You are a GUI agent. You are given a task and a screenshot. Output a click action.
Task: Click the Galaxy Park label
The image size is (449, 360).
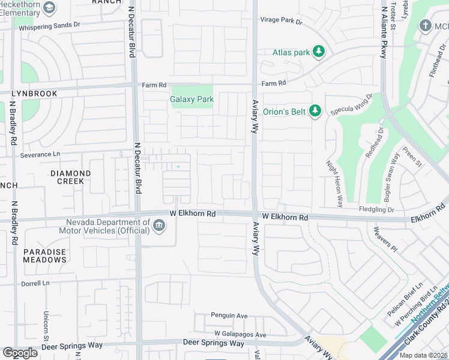(191, 99)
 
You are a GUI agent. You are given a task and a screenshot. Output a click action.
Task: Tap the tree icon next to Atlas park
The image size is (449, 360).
(319, 52)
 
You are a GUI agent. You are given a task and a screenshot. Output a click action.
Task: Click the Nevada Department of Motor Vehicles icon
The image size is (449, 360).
(158, 226)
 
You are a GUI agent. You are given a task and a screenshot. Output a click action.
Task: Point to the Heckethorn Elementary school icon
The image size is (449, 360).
(50, 8)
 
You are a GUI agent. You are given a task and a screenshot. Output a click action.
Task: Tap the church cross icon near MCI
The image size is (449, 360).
(426, 26)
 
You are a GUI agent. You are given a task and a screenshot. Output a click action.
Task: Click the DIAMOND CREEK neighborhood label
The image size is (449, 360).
(70, 178)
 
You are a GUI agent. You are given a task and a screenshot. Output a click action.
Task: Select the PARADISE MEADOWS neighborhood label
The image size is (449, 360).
(45, 256)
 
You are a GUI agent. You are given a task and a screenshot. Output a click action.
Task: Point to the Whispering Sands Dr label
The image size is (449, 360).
(49, 27)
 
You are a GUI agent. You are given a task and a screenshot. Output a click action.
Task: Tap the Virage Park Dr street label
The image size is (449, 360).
(281, 20)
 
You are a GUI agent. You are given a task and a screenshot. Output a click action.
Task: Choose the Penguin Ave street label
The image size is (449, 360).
(229, 316)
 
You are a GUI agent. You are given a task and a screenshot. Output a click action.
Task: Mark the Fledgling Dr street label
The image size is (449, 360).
(376, 210)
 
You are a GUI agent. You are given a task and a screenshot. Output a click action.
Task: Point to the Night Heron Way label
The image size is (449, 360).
(334, 184)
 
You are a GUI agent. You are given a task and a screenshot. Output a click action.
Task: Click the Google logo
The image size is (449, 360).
(20, 353)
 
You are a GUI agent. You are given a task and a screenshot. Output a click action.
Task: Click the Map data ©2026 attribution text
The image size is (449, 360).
(423, 355)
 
